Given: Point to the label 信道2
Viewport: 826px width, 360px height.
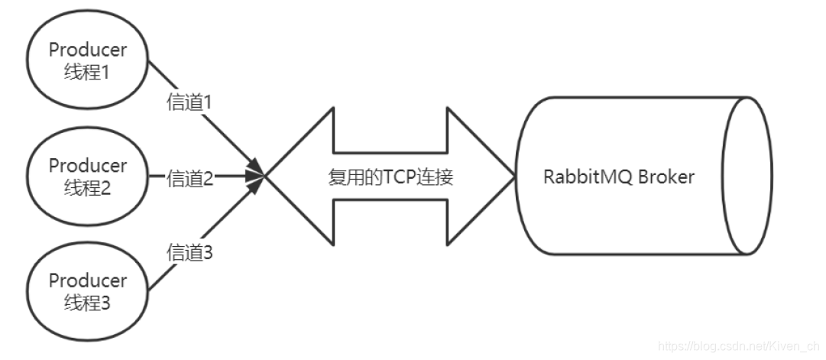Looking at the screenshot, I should click(189, 180).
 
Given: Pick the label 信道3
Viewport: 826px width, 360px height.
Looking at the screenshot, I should click(189, 252).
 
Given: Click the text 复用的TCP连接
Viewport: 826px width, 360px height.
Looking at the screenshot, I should click(390, 178).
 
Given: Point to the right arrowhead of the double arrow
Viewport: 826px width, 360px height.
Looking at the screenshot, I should click(481, 177).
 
